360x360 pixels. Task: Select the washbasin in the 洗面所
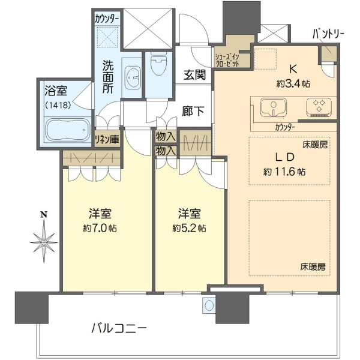(x=133, y=77)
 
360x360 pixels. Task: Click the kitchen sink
(x=273, y=107)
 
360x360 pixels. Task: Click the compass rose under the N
(x=44, y=242)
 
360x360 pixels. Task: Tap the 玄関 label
(x=194, y=74)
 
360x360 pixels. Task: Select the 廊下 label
(x=193, y=111)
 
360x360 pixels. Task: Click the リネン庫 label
(x=107, y=139)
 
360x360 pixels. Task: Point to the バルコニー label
(x=119, y=329)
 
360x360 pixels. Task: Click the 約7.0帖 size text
(x=100, y=229)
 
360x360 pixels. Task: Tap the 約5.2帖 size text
(x=189, y=229)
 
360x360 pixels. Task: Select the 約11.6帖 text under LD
(x=284, y=172)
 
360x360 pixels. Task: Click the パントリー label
(x=328, y=34)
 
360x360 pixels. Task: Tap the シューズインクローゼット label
(x=227, y=61)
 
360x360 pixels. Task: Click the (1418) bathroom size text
(x=58, y=105)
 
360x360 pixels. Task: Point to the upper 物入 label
(x=166, y=137)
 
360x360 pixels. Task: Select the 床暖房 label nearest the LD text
(x=315, y=145)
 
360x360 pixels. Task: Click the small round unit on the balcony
(x=209, y=305)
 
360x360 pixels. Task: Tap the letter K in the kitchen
(x=293, y=69)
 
